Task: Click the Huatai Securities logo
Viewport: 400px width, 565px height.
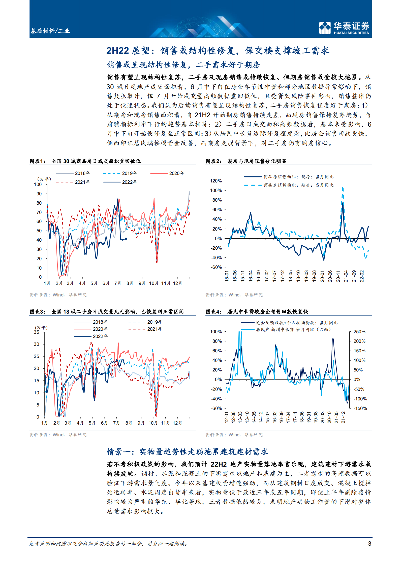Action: tap(344, 28)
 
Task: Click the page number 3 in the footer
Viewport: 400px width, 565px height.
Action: tap(370, 543)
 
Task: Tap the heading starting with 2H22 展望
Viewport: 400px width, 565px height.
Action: tap(218, 51)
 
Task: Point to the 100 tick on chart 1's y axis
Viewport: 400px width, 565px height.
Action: tap(38, 184)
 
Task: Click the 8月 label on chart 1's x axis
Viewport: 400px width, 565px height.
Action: tap(130, 283)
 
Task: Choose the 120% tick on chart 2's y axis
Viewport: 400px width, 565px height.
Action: tap(216, 181)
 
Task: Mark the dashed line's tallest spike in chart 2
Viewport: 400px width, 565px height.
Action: tap(343, 188)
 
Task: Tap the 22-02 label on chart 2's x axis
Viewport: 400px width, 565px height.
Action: tap(362, 276)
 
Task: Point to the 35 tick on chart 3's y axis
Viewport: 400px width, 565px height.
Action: tap(37, 332)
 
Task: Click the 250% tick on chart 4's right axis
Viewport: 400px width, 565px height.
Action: tap(359, 331)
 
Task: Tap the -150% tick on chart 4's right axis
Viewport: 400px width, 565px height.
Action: tap(360, 408)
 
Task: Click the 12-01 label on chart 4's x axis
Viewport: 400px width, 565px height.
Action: tap(226, 417)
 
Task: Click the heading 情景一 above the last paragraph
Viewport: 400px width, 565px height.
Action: tap(188, 452)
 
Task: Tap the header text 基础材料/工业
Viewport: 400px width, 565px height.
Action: tap(50, 31)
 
